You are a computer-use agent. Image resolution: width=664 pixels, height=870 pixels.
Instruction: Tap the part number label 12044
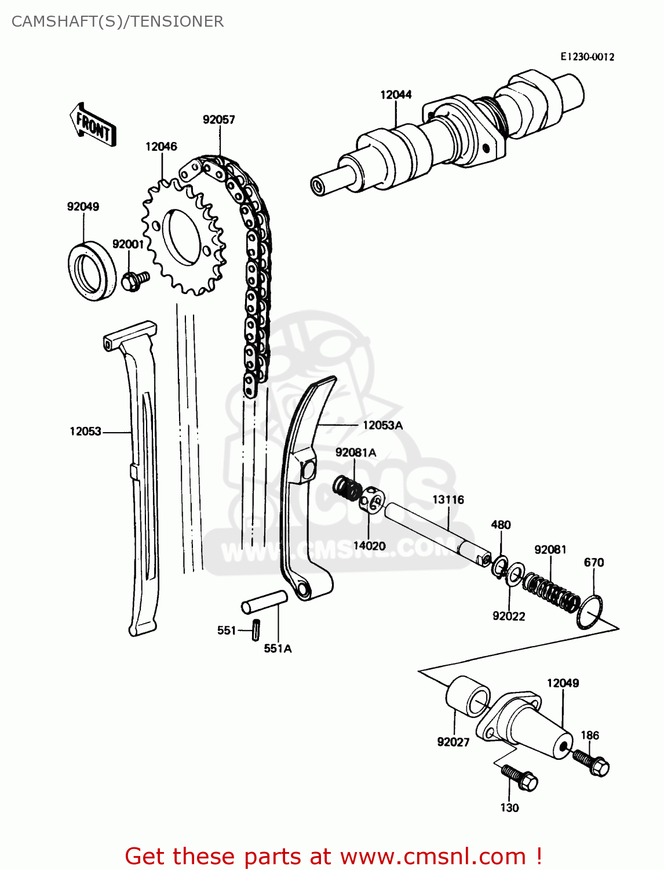click(x=396, y=95)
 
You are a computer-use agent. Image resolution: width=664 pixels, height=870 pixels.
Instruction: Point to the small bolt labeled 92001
click(x=134, y=281)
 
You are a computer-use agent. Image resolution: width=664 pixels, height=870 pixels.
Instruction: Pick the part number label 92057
click(x=218, y=119)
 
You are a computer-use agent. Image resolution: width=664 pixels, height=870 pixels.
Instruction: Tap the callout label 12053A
click(x=382, y=425)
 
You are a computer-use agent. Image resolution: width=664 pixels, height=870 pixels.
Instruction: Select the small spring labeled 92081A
click(x=347, y=488)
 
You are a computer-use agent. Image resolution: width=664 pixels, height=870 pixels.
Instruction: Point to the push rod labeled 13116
click(x=435, y=534)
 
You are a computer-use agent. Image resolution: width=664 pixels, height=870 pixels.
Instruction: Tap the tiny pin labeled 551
click(x=256, y=630)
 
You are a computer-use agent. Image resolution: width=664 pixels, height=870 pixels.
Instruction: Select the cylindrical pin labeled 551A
click(x=264, y=601)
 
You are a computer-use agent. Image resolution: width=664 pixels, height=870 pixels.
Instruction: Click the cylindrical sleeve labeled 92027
click(x=467, y=696)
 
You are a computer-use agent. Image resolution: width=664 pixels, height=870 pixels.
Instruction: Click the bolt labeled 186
click(x=590, y=762)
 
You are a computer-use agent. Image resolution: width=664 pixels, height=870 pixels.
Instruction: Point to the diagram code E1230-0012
click(x=587, y=57)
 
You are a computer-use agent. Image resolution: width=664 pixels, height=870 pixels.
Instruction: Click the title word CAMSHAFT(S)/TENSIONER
click(x=118, y=21)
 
